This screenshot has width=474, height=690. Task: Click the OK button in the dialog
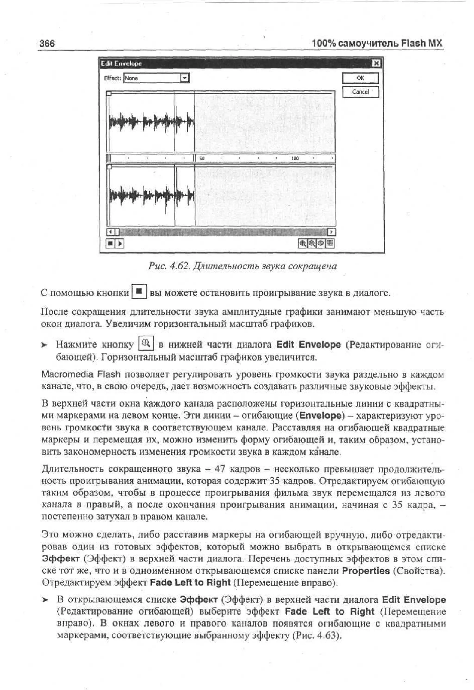click(x=360, y=78)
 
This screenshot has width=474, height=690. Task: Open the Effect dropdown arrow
click(x=185, y=78)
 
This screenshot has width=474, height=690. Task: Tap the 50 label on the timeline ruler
click(x=202, y=158)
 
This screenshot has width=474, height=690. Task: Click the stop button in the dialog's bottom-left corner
click(x=110, y=244)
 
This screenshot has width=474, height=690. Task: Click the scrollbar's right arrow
click(x=331, y=232)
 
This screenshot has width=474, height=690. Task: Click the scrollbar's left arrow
click(x=110, y=232)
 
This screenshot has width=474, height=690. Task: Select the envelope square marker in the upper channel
click(x=109, y=94)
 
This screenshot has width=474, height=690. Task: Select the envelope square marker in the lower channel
click(x=109, y=167)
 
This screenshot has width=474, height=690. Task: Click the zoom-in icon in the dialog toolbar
click(x=302, y=244)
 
